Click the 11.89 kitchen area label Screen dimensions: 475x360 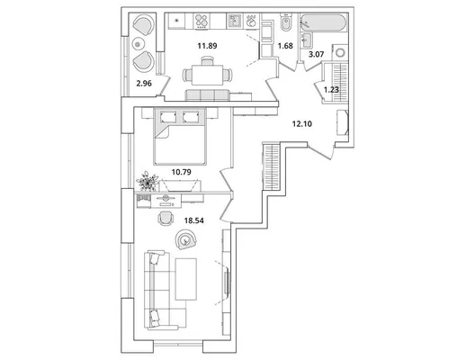[207, 46]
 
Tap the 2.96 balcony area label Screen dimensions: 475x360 [144, 84]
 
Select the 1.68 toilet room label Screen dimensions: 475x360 [285, 46]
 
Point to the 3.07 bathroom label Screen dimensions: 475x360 [317, 55]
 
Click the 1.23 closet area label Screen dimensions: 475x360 [331, 90]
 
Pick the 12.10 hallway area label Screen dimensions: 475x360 [302, 123]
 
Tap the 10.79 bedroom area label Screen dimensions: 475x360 [182, 172]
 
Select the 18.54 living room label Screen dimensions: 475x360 [194, 220]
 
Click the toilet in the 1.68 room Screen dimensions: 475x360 [286, 22]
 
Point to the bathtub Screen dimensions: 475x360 [324, 22]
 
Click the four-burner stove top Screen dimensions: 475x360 [202, 22]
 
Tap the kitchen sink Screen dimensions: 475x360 [235, 22]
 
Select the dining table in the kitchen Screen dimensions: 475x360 [208, 76]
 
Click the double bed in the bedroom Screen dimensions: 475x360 [180, 137]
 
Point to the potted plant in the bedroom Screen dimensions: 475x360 [148, 182]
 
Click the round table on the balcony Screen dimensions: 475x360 [138, 44]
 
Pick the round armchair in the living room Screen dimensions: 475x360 [185, 239]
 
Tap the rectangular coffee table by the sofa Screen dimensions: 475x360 [186, 279]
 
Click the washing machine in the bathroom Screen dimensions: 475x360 [340, 52]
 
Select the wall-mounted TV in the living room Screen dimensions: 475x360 [227, 283]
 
